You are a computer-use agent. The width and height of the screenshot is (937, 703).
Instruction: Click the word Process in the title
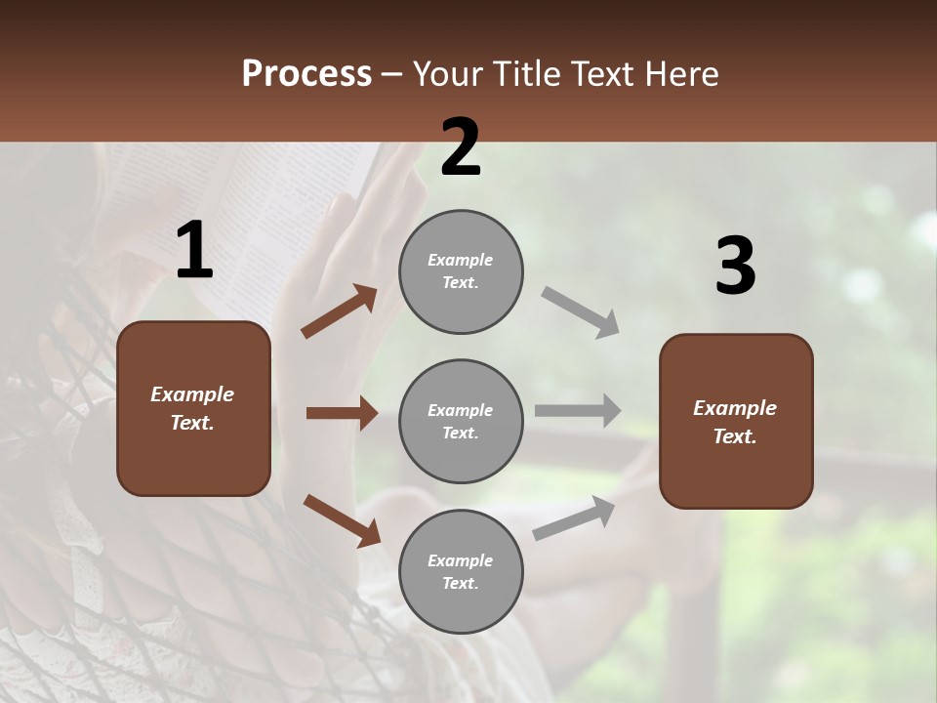(306, 74)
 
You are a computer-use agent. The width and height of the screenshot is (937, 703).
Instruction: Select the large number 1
(194, 251)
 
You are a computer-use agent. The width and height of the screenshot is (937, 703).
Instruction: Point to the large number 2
(461, 147)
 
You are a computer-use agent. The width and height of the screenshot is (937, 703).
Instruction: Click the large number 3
(735, 267)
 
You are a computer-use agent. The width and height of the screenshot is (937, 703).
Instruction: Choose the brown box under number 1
(193, 408)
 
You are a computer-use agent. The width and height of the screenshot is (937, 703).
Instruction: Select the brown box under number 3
(736, 422)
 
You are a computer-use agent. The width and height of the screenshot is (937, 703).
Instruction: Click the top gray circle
(461, 271)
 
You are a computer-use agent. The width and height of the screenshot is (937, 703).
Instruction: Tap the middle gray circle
(461, 422)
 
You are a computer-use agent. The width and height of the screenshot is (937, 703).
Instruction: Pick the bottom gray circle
(461, 572)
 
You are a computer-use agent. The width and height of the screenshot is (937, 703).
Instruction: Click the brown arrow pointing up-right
(340, 310)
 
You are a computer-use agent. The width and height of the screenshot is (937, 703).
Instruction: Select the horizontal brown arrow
(342, 413)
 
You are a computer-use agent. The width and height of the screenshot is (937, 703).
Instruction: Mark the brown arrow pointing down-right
(342, 520)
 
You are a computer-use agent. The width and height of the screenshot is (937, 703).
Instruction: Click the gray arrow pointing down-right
(581, 311)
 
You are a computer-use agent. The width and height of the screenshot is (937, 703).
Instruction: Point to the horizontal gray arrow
(578, 411)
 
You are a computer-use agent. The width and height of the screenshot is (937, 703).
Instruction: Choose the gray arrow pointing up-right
(574, 517)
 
